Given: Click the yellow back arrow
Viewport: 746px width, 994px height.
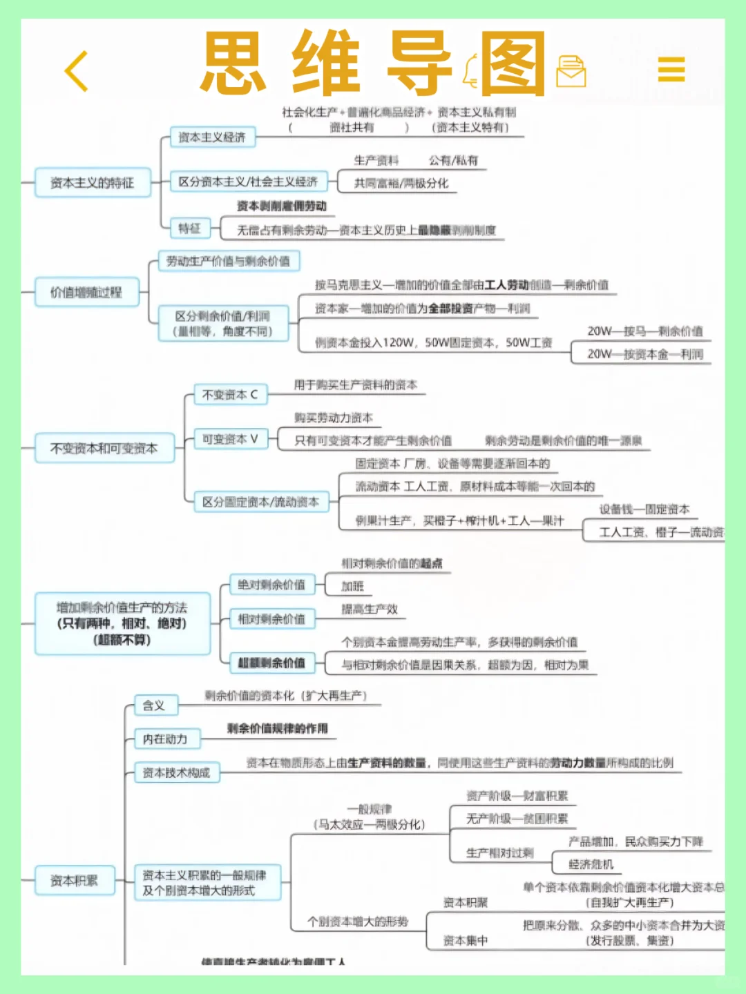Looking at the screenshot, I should click(x=77, y=70).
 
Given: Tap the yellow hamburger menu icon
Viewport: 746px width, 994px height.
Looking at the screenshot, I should click(x=671, y=69).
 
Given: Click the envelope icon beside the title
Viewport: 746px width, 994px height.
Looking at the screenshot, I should click(x=571, y=71).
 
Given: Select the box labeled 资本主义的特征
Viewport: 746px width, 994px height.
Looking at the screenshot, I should click(x=93, y=183).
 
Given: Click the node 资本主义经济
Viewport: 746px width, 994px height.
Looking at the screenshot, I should click(x=212, y=137).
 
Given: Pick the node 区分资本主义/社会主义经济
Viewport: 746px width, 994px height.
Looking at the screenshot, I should click(x=248, y=182).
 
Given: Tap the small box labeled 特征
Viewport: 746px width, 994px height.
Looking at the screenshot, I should click(x=189, y=228).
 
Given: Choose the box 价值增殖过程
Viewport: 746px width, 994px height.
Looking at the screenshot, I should click(x=86, y=292).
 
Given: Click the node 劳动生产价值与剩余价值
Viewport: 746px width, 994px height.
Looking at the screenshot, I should click(x=229, y=261).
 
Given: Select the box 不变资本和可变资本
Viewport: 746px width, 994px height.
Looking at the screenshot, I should click(x=104, y=449).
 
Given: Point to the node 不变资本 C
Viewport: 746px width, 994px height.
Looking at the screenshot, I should click(x=230, y=395).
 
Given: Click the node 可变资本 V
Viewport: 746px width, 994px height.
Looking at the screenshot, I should click(x=230, y=439).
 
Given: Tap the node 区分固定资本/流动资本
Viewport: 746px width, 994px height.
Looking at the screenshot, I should click(x=260, y=502).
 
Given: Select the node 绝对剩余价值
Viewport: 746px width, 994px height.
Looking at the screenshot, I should click(x=271, y=585).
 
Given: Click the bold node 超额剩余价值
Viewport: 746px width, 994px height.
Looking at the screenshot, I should click(x=271, y=663).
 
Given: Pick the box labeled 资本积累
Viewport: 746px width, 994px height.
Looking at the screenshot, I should click(x=74, y=880).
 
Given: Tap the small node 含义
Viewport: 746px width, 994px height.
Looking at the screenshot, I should click(x=154, y=705).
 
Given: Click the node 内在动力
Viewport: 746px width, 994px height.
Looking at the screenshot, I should click(x=165, y=739).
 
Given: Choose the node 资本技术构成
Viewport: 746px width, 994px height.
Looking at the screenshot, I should click(x=176, y=772).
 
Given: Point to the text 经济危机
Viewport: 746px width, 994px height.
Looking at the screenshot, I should click(x=591, y=864).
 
